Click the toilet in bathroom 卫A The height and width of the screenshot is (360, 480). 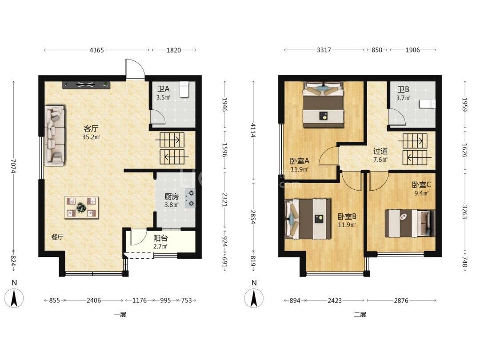pyautogui.click(x=184, y=89)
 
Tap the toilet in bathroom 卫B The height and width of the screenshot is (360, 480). pyautogui.click(x=428, y=104)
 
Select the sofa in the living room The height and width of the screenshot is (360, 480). pyautogui.click(x=55, y=136)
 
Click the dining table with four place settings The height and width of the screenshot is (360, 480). pyautogui.click(x=81, y=208)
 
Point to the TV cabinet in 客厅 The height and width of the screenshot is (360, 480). pyautogui.click(x=86, y=85)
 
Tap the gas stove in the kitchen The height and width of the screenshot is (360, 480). pyautogui.click(x=190, y=198)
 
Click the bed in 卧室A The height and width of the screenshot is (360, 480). pyautogui.click(x=323, y=105)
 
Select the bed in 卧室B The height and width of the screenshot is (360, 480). pyautogui.click(x=308, y=219)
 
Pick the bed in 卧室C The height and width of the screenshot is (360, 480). pyautogui.click(x=410, y=223)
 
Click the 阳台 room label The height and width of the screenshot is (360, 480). pyautogui.click(x=160, y=238)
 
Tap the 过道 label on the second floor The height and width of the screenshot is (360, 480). pyautogui.click(x=380, y=151)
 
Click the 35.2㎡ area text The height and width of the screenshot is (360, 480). pyautogui.click(x=91, y=137)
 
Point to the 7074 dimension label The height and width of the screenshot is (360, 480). pyautogui.click(x=13, y=166)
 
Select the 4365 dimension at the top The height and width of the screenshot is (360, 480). pyautogui.click(x=97, y=50)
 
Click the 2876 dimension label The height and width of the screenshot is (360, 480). pyautogui.click(x=401, y=300)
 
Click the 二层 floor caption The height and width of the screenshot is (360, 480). pyautogui.click(x=360, y=314)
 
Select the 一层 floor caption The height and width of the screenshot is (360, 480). pyautogui.click(x=120, y=314)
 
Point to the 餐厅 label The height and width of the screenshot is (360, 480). pyautogui.click(x=57, y=237)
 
